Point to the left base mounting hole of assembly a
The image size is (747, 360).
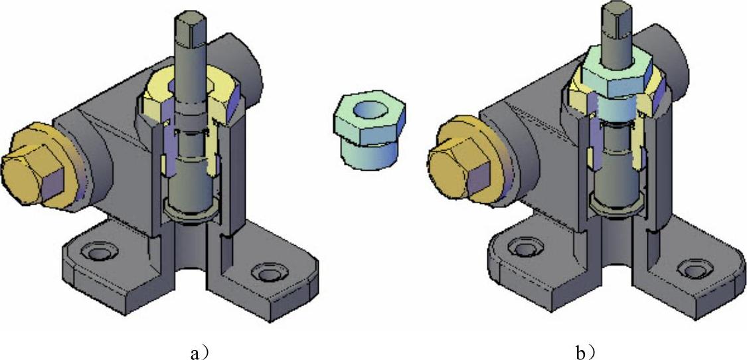click(99, 250)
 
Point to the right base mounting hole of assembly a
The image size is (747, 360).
click(270, 272)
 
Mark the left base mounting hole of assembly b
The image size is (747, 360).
click(525, 246)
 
